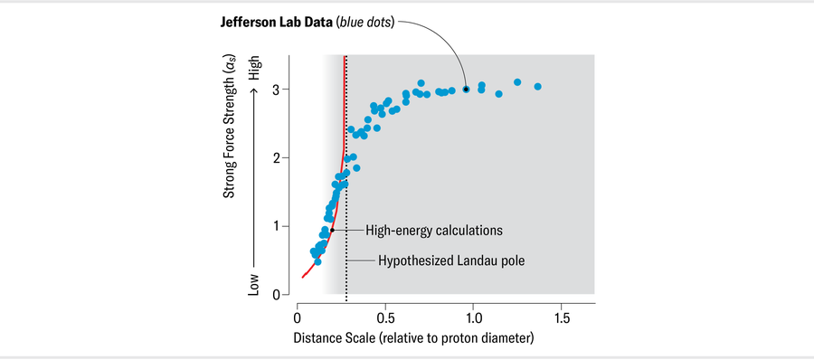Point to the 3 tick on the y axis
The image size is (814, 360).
(284, 89)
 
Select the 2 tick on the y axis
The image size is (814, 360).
(284, 157)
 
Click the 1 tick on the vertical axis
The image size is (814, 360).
(284, 226)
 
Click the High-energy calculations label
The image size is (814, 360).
(432, 231)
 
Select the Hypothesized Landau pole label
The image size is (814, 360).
(450, 261)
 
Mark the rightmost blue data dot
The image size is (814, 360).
(537, 87)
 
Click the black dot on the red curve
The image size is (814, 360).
(332, 230)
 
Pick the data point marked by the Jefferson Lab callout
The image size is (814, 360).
(466, 90)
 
